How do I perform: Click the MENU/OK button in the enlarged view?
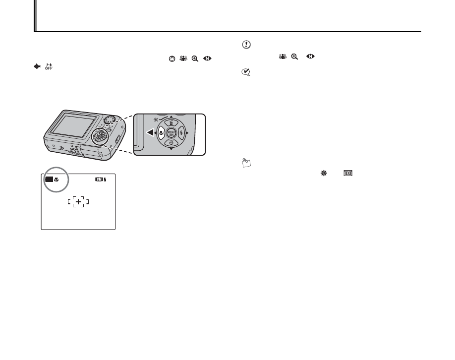coord(171,133)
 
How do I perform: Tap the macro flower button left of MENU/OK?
coord(161,133)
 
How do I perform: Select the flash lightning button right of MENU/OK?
coord(181,133)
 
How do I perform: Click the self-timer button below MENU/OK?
coord(171,143)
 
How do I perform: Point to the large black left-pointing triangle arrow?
coord(150,133)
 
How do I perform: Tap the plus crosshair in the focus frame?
coord(78,201)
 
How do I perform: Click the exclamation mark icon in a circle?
coord(245,45)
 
